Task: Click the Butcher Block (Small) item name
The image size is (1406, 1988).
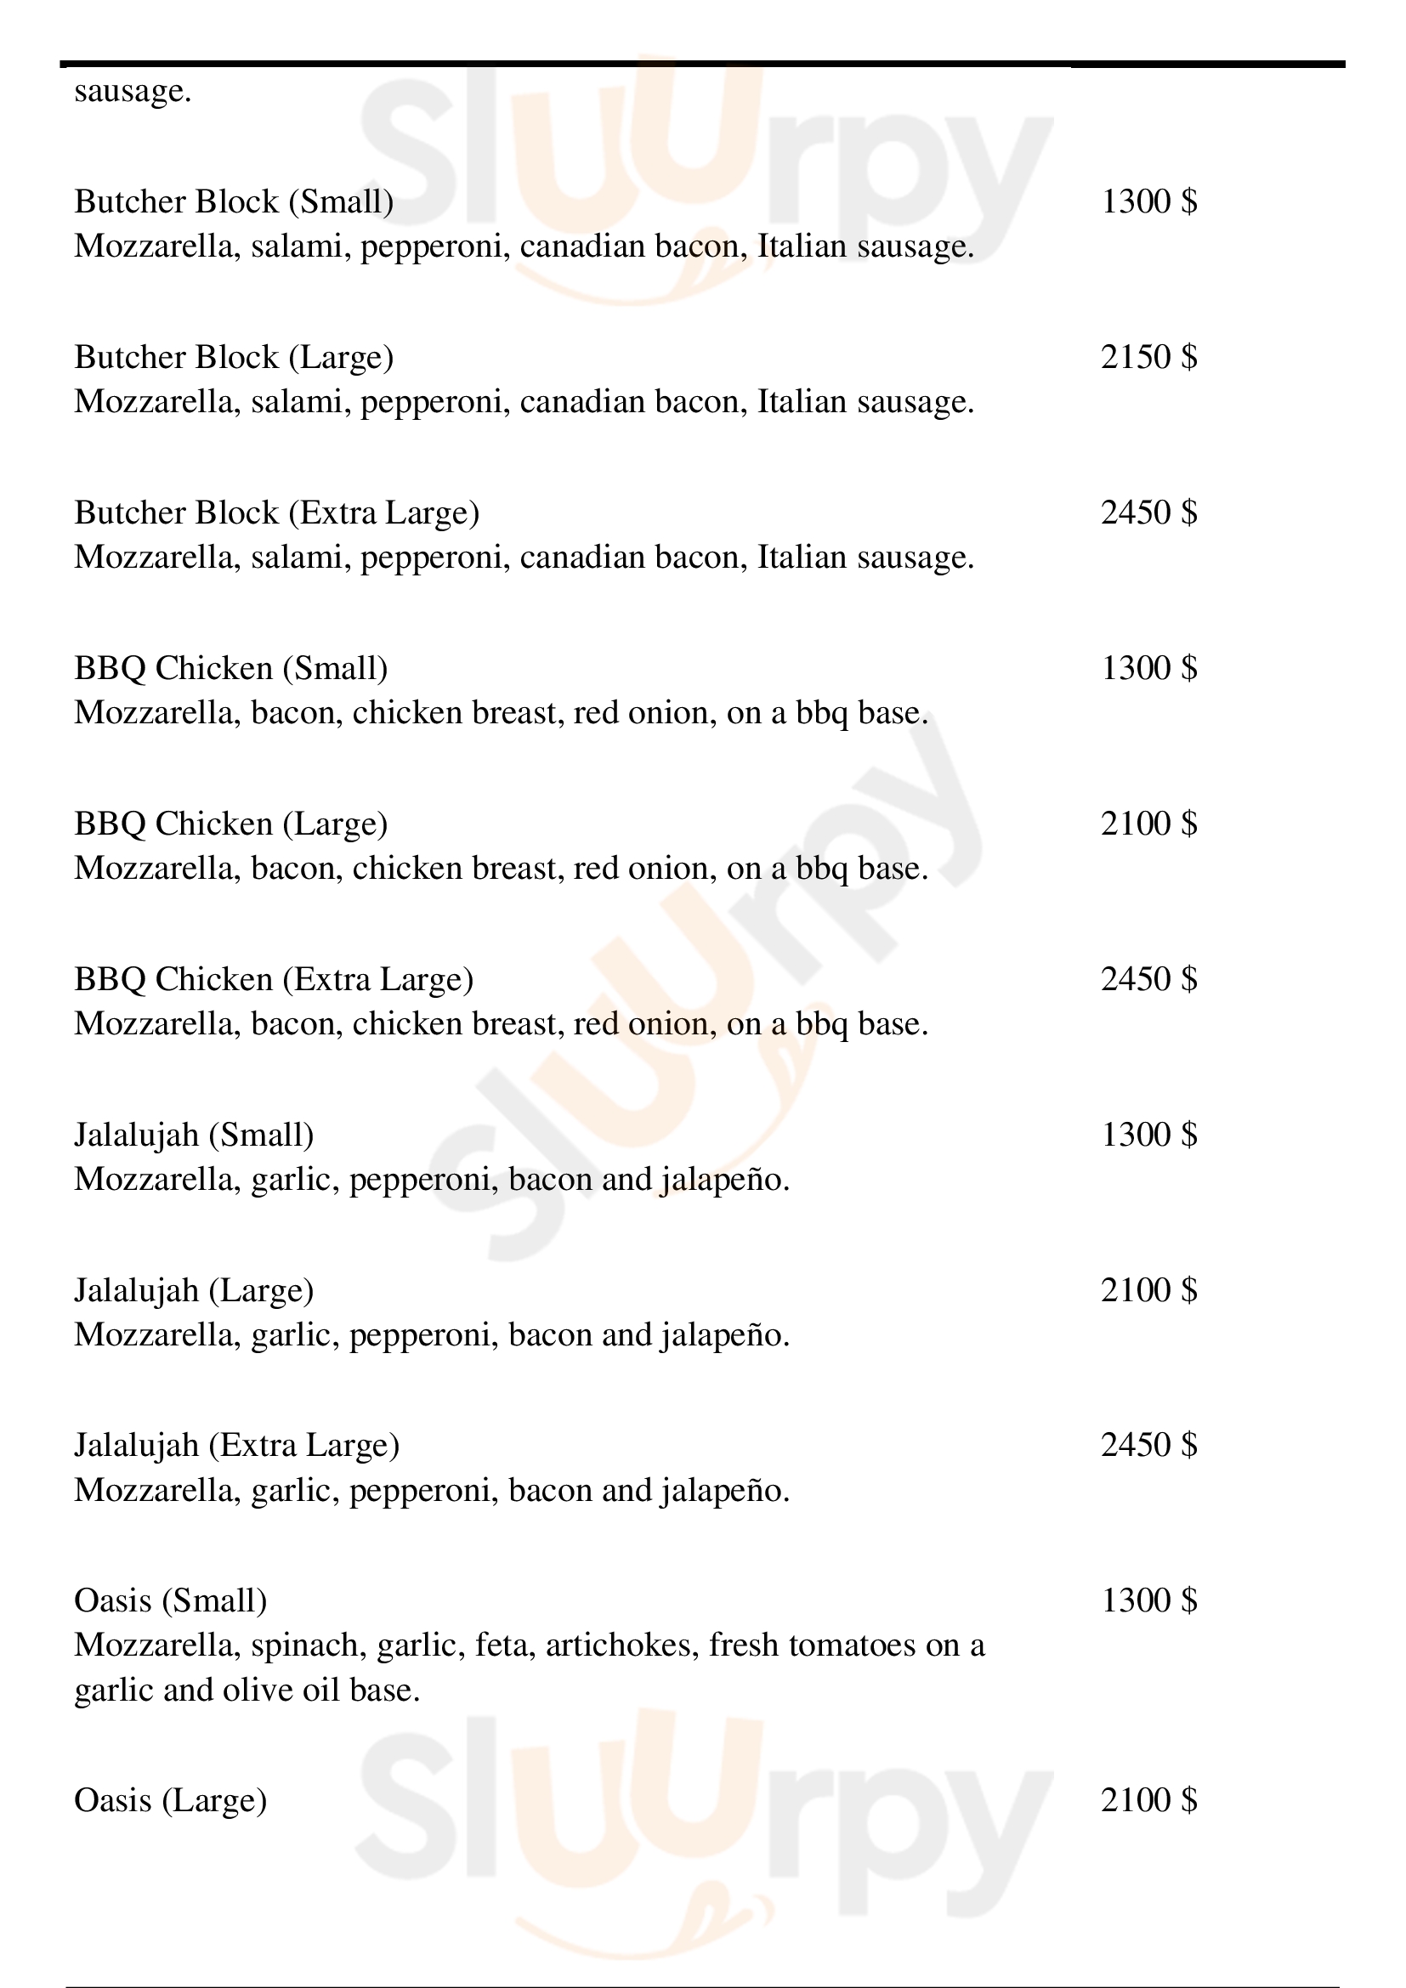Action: coord(234,201)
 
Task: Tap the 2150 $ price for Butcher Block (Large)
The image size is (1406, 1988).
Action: coord(1148,357)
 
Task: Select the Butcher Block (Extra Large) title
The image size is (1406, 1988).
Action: coord(276,513)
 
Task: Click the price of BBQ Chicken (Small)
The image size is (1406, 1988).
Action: coord(1148,667)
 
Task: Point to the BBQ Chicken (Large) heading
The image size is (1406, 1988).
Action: coord(230,824)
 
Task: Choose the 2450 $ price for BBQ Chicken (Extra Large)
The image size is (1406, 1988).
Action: coord(1148,978)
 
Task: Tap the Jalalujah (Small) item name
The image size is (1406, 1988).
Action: coord(194,1135)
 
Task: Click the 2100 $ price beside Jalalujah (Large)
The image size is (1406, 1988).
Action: coord(1148,1290)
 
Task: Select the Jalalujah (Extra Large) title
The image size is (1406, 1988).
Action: coord(236,1445)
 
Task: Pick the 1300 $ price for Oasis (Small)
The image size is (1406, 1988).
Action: coord(1148,1601)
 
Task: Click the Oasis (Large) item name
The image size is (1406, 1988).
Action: coord(171,1801)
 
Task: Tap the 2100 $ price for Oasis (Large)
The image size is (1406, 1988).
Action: coord(1148,1801)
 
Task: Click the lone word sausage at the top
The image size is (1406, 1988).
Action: coord(133,91)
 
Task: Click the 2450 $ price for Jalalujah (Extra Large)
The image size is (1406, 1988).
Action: coord(1148,1445)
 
